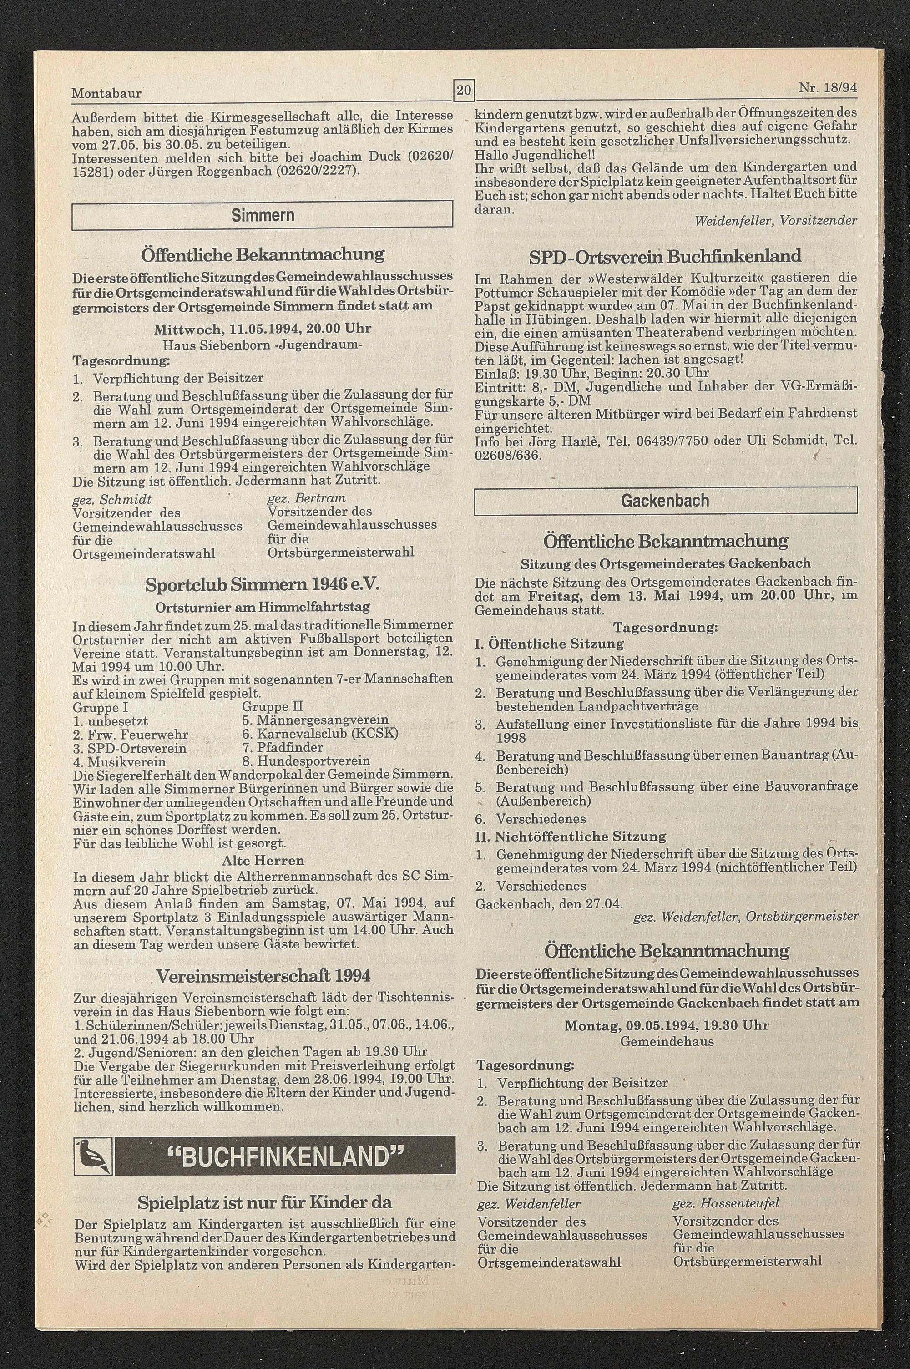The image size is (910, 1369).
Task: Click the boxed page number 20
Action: pos(464,91)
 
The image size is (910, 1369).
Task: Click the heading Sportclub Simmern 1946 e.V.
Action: pos(263,584)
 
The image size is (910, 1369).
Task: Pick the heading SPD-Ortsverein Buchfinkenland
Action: pos(665,256)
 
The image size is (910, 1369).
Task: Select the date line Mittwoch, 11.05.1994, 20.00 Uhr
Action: pos(263,329)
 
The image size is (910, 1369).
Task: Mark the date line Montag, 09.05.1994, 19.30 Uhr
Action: pos(667,1025)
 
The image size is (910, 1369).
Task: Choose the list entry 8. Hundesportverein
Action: pos(306,761)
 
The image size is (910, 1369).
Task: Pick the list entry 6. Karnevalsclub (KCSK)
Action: pos(320,734)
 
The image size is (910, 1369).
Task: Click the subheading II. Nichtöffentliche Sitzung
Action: pos(570,836)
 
